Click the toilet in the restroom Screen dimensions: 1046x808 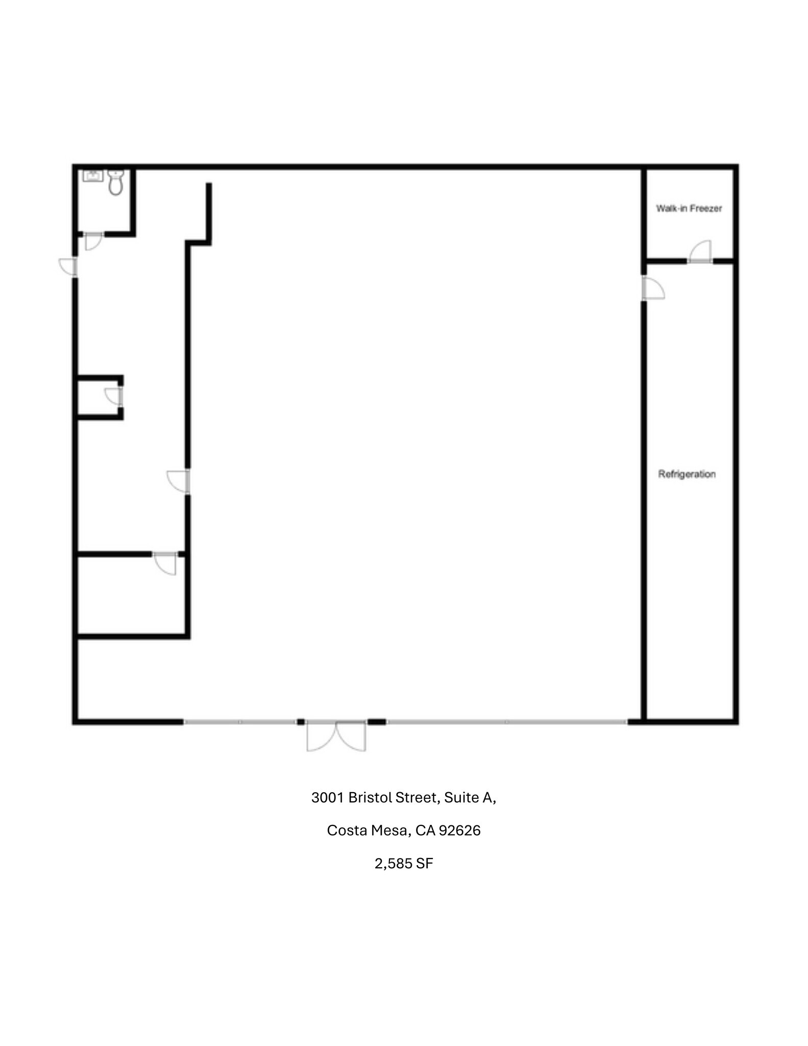[x=116, y=183]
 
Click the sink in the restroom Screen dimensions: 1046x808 [x=93, y=176]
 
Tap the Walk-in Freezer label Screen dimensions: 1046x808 [x=689, y=208]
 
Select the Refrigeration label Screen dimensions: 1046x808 [x=687, y=474]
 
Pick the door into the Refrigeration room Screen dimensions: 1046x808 [x=652, y=289]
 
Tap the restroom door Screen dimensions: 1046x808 [x=93, y=241]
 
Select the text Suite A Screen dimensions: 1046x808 [x=470, y=798]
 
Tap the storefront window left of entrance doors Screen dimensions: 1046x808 [x=240, y=722]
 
